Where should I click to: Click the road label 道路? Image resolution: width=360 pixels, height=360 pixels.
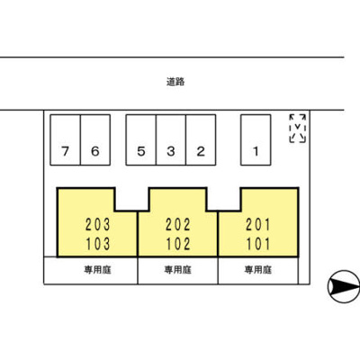click(175, 82)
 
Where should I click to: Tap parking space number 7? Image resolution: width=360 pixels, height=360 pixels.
click(66, 139)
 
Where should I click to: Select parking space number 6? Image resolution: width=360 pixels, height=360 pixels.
click(95, 139)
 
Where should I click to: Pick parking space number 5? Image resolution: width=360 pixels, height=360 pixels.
click(141, 139)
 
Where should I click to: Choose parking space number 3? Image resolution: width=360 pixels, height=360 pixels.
click(171, 139)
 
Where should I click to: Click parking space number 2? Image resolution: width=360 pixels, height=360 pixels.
click(201, 139)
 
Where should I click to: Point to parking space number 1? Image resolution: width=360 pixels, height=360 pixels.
click(256, 139)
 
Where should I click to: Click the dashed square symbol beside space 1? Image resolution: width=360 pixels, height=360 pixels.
click(298, 128)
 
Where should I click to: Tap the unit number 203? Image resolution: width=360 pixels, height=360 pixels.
click(98, 225)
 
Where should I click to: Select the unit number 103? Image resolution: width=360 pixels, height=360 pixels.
click(98, 244)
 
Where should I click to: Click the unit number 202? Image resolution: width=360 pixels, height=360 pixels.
click(178, 225)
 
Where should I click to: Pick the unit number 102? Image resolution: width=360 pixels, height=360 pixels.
click(178, 244)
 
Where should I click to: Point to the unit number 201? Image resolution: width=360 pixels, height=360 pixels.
click(258, 225)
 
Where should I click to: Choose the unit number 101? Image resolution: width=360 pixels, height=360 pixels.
click(258, 244)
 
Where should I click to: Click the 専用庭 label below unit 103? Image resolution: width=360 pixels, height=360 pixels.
click(97, 270)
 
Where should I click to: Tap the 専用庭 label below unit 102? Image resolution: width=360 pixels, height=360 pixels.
click(178, 270)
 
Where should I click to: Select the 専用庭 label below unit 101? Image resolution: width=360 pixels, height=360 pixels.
click(258, 270)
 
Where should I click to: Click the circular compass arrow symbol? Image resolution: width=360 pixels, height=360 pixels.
click(344, 286)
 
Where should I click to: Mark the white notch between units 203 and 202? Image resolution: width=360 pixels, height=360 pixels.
click(132, 199)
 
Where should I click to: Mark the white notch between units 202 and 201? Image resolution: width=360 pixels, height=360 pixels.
click(224, 199)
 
